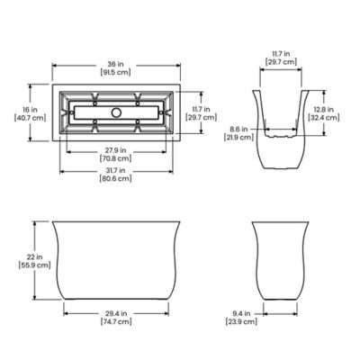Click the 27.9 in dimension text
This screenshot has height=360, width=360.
pyautogui.click(x=113, y=149)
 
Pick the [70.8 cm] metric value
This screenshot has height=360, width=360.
pyautogui.click(x=113, y=158)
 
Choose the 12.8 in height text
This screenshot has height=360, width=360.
pyautogui.click(x=329, y=110)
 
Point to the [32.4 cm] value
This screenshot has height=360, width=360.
pyautogui.click(x=329, y=119)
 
